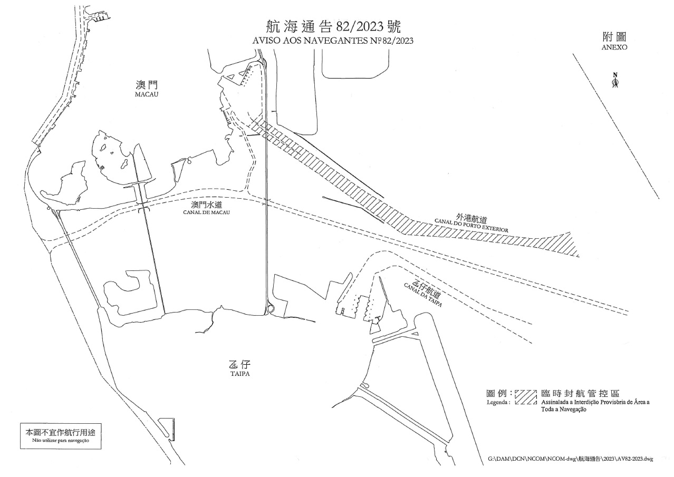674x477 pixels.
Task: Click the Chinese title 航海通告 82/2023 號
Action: (x=333, y=27)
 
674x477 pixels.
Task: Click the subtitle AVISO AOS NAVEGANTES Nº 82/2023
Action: (x=333, y=41)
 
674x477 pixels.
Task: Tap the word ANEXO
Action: (x=614, y=47)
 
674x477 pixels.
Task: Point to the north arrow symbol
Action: (x=615, y=80)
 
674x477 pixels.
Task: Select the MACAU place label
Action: (x=147, y=94)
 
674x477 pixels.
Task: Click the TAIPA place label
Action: (x=240, y=374)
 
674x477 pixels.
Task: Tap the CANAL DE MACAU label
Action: (x=206, y=212)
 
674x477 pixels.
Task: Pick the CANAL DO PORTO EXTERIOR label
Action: (x=471, y=226)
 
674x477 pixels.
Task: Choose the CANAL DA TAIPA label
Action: (x=423, y=295)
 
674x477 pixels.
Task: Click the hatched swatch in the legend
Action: (x=526, y=397)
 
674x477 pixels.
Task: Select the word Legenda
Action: (x=498, y=402)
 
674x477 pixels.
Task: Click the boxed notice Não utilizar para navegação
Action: (x=61, y=440)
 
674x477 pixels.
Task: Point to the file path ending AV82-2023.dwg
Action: (x=571, y=468)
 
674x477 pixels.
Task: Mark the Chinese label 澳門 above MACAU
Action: (x=147, y=85)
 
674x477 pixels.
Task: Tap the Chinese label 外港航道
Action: (x=471, y=218)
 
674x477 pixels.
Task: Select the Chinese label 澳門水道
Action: (x=207, y=205)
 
